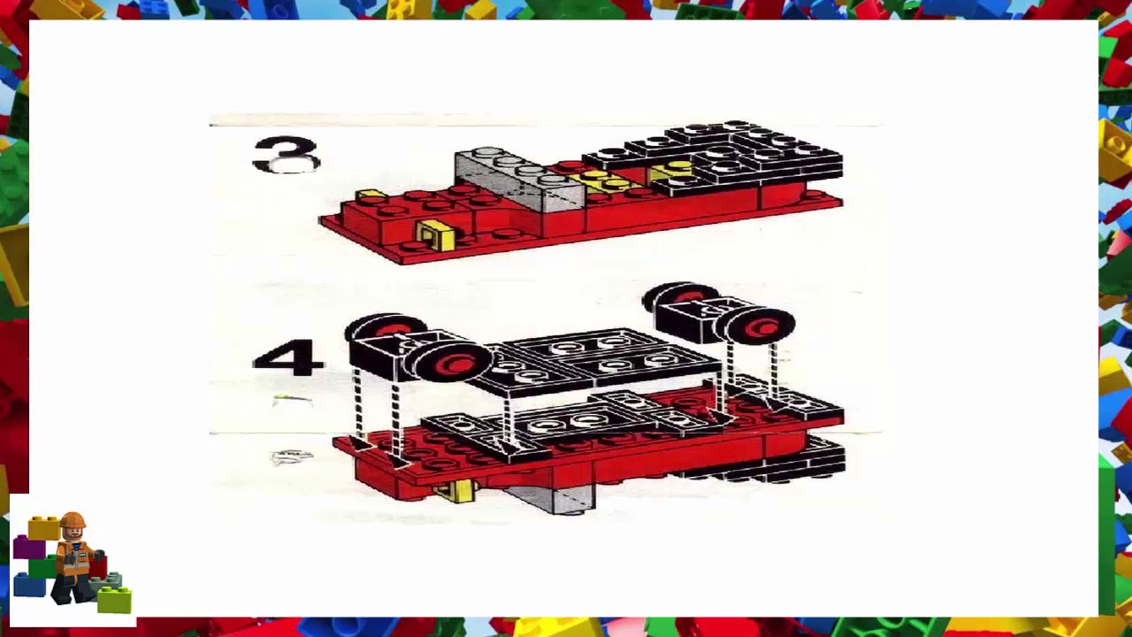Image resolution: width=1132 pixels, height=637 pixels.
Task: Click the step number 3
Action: coord(286,155)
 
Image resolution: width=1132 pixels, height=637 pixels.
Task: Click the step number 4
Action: coord(287,358)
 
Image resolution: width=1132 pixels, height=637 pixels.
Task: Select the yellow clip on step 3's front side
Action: coord(436,235)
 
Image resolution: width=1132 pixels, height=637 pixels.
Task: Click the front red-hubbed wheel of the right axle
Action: coord(761,326)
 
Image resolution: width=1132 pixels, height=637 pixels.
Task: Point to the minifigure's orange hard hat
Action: coord(73,520)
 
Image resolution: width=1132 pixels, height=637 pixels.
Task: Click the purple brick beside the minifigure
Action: coord(28,549)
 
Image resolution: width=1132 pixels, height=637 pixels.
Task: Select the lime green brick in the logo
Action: coord(114,601)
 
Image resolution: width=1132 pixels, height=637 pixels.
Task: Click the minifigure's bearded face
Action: coord(73,533)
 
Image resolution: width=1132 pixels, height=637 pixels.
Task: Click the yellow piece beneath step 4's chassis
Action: coord(457,491)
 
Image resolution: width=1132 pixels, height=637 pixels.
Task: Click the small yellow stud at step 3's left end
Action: coord(370,194)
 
